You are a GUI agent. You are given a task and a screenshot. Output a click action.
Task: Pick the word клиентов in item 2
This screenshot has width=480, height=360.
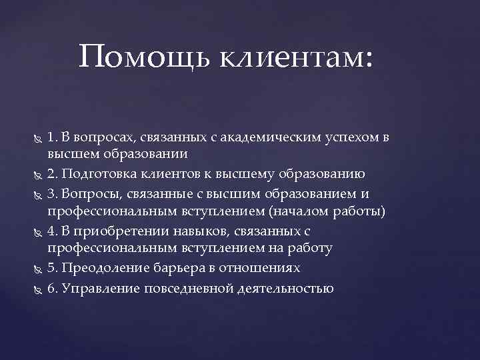170,175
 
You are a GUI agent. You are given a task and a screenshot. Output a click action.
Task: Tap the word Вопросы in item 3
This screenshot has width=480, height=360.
87,193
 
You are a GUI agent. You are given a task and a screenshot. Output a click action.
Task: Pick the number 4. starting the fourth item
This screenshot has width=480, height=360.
52,231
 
